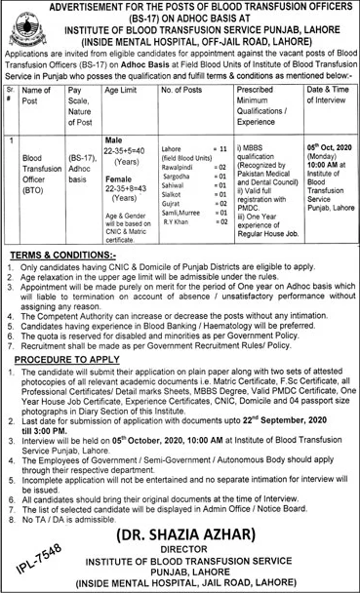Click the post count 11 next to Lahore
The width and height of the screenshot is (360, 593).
[251, 146]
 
